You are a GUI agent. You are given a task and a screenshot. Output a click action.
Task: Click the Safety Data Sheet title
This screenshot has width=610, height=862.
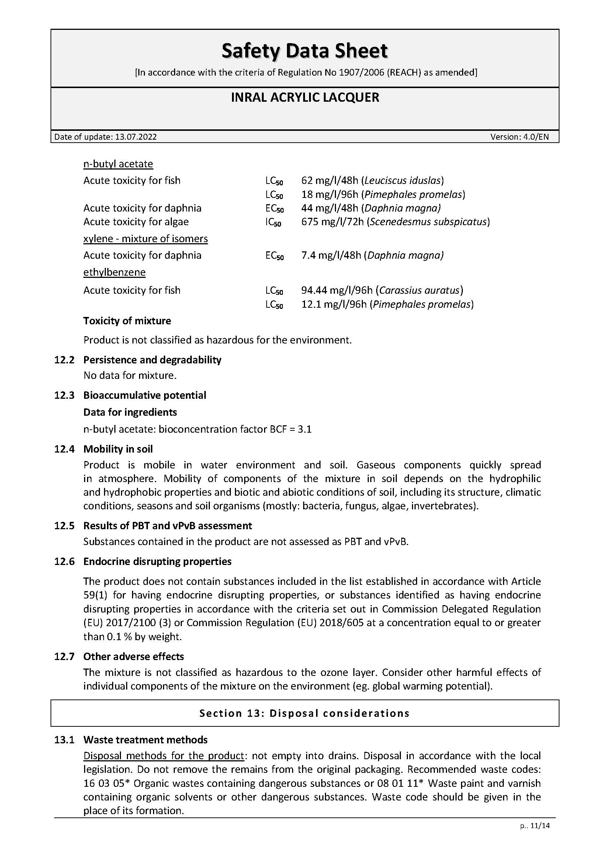pyautogui.click(x=305, y=51)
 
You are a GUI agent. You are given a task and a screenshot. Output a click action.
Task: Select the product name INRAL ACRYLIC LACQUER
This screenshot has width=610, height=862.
pyautogui.click(x=305, y=98)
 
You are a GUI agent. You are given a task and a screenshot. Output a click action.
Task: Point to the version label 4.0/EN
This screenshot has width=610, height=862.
pyautogui.click(x=536, y=137)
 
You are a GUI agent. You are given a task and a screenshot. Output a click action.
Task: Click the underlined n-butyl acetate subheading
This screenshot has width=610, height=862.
pyautogui.click(x=118, y=164)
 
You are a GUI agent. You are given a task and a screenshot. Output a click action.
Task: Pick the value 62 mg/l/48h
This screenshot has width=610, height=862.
pyautogui.click(x=329, y=181)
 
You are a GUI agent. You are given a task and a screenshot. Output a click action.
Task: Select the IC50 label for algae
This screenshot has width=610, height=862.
pyautogui.click(x=273, y=222)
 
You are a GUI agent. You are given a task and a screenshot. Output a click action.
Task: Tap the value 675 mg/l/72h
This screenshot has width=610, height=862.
pyautogui.click(x=332, y=222)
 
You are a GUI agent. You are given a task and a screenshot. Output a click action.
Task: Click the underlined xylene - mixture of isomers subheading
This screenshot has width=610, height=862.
pyautogui.click(x=145, y=239)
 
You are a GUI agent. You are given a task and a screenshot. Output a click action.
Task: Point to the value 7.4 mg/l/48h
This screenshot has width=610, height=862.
pyautogui.click(x=331, y=255)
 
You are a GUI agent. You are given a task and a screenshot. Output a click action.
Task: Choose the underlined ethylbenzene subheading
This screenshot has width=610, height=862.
pyautogui.click(x=114, y=272)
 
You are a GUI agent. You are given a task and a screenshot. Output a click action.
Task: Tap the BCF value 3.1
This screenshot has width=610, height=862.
pyautogui.click(x=305, y=429)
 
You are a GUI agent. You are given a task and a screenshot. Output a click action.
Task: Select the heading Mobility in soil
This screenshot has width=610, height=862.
pyautogui.click(x=118, y=449)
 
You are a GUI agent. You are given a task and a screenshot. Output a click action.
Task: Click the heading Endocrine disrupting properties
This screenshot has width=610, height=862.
pyautogui.click(x=157, y=561)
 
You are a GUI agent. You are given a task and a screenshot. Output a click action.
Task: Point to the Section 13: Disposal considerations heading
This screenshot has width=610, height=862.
pyautogui.click(x=304, y=713)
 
